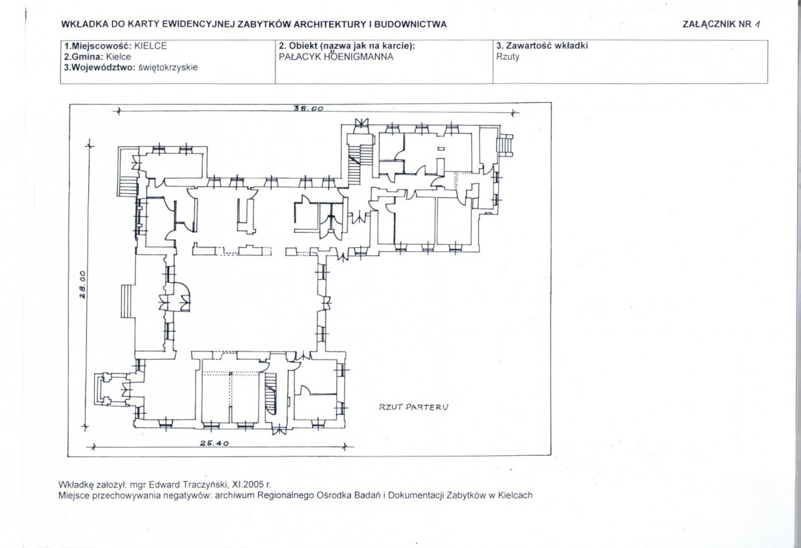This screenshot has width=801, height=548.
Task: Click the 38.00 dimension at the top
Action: (x=308, y=108)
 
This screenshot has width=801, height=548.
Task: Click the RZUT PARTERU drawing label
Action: (x=414, y=407)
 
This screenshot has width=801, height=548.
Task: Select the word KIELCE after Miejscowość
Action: (x=150, y=45)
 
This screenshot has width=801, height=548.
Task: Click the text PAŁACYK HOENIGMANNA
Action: (x=336, y=57)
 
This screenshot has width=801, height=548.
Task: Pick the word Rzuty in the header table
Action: (x=507, y=57)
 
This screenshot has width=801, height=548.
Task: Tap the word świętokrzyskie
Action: (x=168, y=67)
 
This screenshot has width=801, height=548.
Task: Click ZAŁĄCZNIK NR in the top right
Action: (x=717, y=23)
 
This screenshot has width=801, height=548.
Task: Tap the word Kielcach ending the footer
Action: (x=514, y=495)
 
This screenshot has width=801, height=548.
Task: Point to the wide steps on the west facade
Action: (x=128, y=302)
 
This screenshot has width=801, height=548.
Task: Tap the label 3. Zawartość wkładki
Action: (x=542, y=45)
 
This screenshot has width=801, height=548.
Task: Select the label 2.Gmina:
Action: (x=84, y=57)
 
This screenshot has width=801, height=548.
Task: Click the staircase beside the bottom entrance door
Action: (x=271, y=392)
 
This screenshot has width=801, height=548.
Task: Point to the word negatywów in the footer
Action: (x=189, y=495)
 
